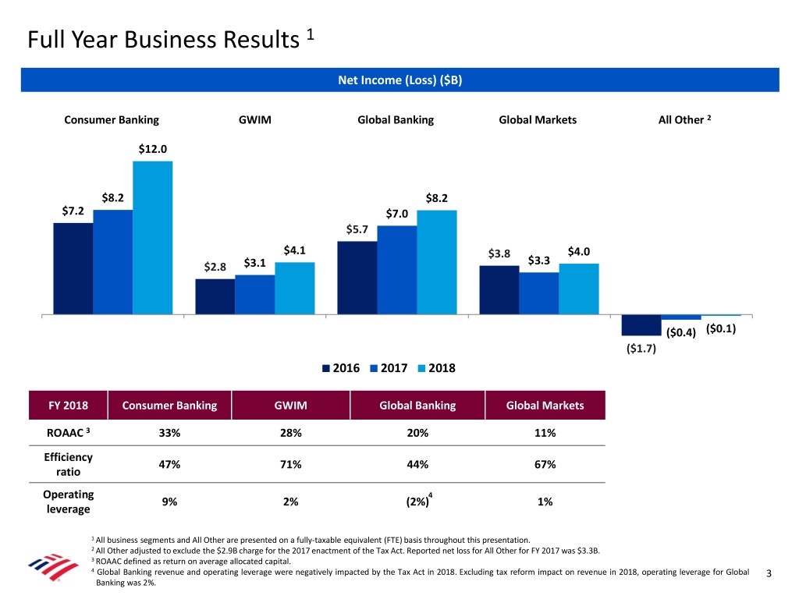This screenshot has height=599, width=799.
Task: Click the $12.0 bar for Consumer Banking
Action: click(152, 238)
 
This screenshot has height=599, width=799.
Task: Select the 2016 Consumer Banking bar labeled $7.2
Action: click(73, 269)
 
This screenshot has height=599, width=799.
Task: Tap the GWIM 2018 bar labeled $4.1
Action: click(294, 289)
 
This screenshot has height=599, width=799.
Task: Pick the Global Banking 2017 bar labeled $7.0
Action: click(396, 271)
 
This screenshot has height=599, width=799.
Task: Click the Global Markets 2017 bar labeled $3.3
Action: click(538, 294)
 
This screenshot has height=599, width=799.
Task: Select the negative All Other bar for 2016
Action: click(641, 325)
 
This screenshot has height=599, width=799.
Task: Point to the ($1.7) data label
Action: click(641, 349)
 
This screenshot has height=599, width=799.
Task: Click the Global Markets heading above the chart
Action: click(538, 120)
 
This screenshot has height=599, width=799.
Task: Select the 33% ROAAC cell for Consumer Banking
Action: click(169, 433)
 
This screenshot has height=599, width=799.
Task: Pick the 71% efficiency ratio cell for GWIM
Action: click(290, 465)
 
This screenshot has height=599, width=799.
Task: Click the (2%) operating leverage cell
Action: click(417, 502)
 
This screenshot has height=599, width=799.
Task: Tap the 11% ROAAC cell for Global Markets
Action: click(545, 433)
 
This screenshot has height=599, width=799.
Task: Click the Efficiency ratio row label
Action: click(67, 465)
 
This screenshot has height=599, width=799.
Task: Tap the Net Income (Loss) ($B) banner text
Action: click(399, 80)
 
